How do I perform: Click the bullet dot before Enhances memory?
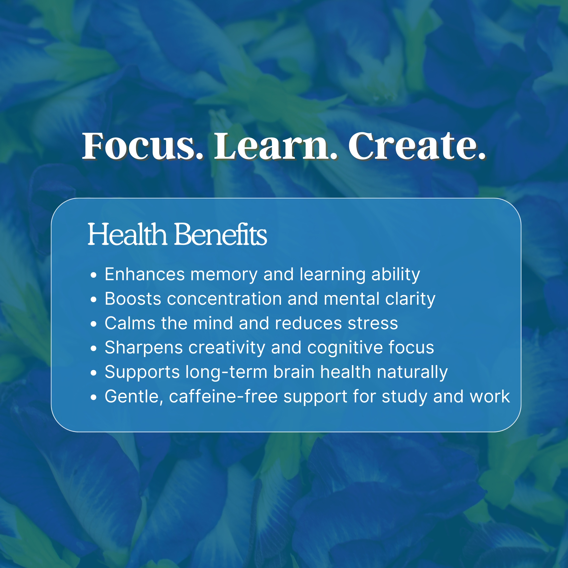pyautogui.click(x=93, y=275)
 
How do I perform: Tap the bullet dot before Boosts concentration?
pyautogui.click(x=93, y=300)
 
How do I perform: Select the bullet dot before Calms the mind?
pyautogui.click(x=93, y=324)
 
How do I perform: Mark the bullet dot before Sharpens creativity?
pyautogui.click(x=93, y=348)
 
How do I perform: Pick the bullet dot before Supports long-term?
pyautogui.click(x=93, y=373)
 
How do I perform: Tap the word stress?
pyautogui.click(x=373, y=323)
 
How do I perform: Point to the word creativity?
pyautogui.click(x=227, y=348)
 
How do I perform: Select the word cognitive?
pyautogui.click(x=345, y=348)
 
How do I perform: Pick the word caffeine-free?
pyautogui.click(x=223, y=397)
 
